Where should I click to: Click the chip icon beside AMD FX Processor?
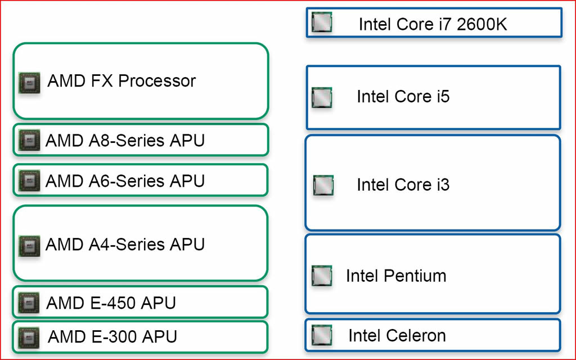pyautogui.click(x=29, y=83)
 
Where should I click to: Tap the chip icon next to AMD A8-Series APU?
pyautogui.click(x=29, y=140)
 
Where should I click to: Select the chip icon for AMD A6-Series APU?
pyautogui.click(x=29, y=181)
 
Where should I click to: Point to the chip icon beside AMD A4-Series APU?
pyautogui.click(x=29, y=246)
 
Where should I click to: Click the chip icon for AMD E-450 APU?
pyautogui.click(x=29, y=303)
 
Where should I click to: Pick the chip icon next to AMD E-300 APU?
pyautogui.click(x=29, y=337)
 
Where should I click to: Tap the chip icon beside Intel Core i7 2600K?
pyautogui.click(x=322, y=22)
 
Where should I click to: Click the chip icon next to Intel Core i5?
pyautogui.click(x=322, y=98)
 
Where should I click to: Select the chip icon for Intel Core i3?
pyautogui.click(x=323, y=185)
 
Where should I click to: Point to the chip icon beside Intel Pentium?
pyautogui.click(x=322, y=276)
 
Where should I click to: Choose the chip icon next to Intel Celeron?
pyautogui.click(x=322, y=335)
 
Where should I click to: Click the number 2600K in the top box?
pyautogui.click(x=482, y=24)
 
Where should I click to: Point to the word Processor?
pyautogui.click(x=157, y=81)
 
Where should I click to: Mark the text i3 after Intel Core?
pyautogui.click(x=443, y=184)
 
